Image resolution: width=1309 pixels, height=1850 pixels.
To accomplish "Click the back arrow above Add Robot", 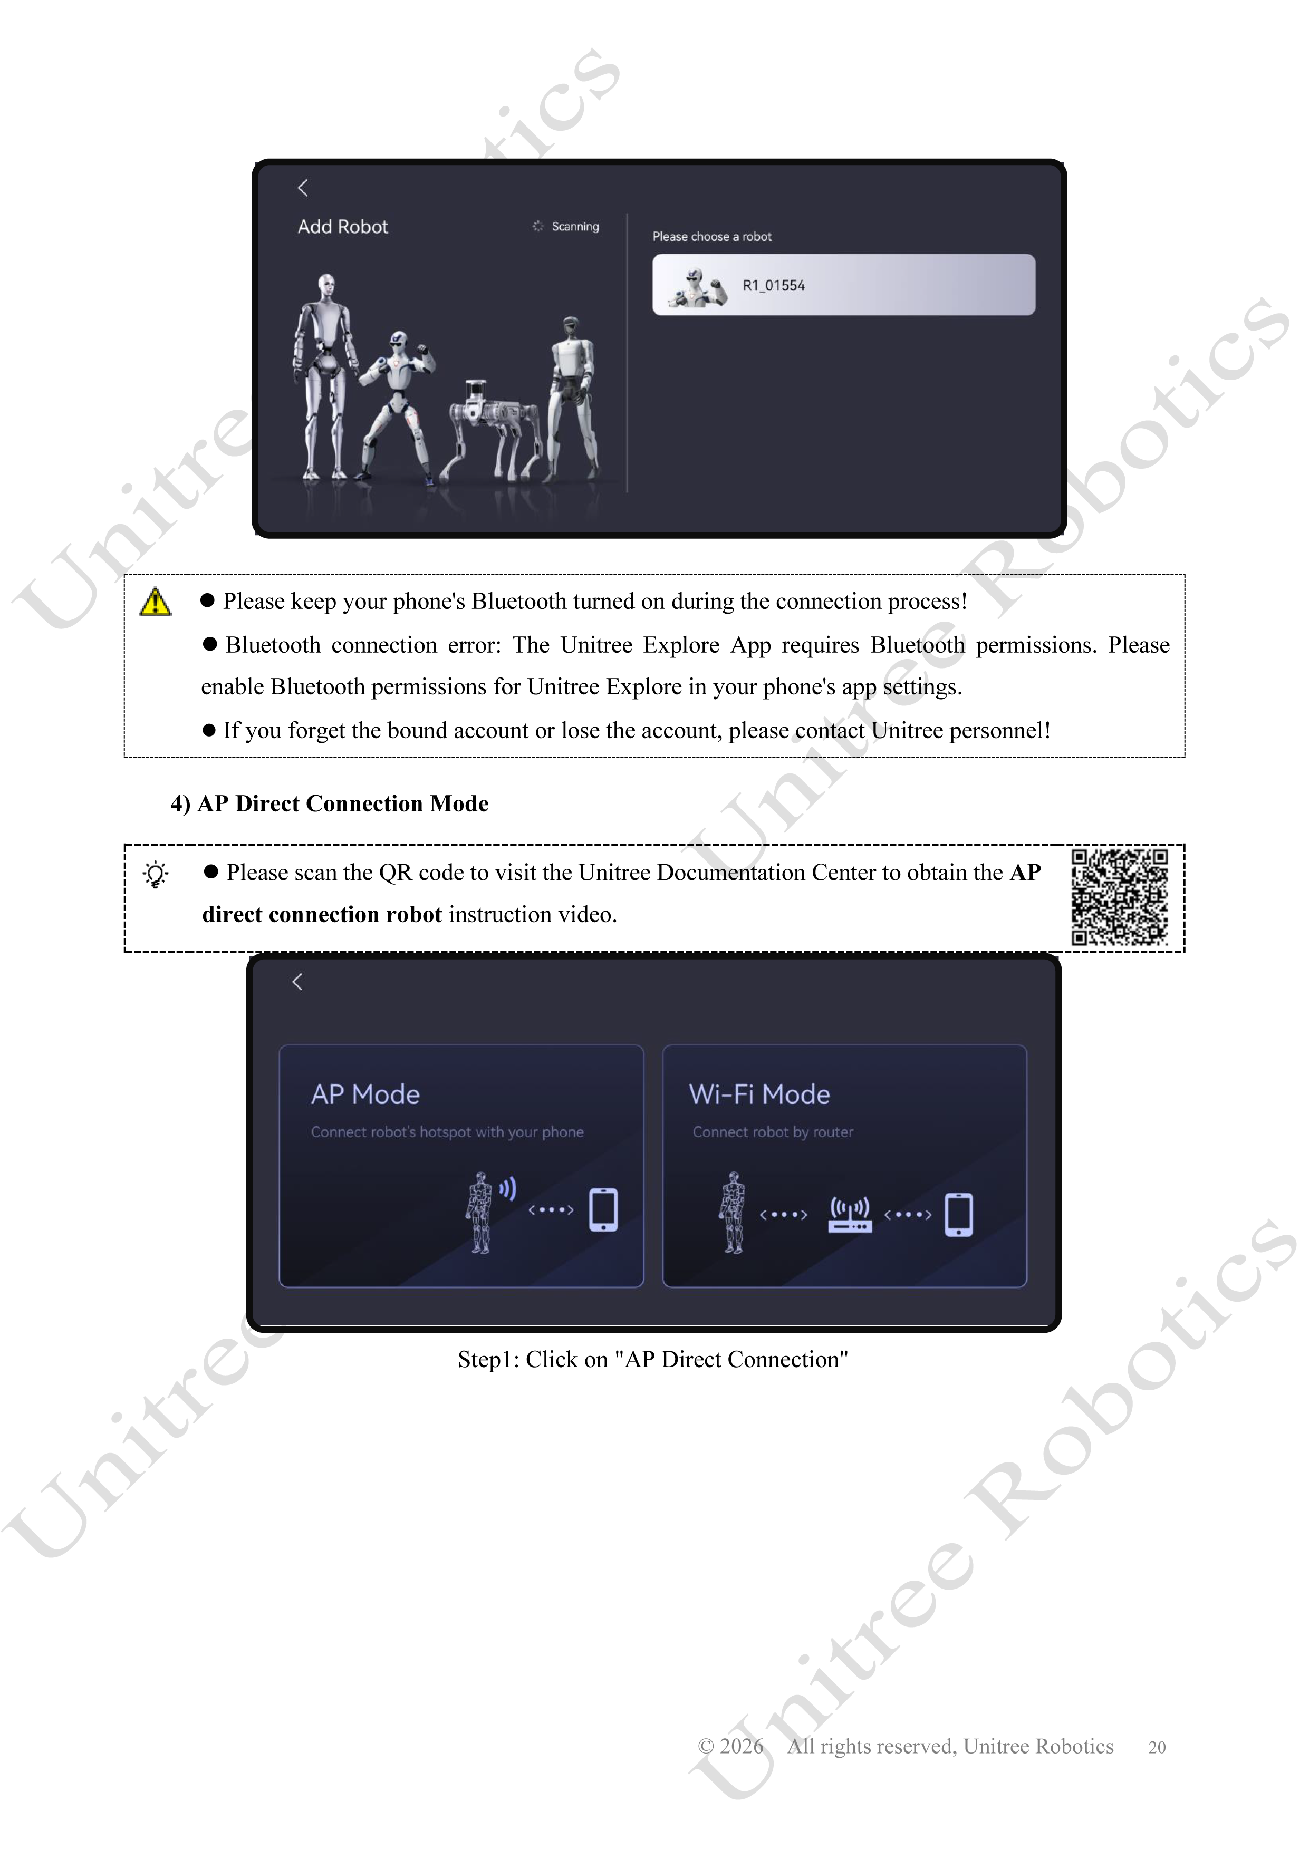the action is (x=303, y=188).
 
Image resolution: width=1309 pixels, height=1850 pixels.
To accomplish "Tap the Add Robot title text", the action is (x=343, y=227).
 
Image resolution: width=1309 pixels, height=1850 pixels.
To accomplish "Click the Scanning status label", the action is (x=575, y=226).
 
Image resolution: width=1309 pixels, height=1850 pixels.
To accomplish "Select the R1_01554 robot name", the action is (x=774, y=285).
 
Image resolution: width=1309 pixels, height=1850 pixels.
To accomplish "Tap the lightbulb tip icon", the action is (x=156, y=874).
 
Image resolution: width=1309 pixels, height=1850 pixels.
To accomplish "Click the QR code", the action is (x=1120, y=897).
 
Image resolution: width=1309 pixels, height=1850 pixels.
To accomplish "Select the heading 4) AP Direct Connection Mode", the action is (x=330, y=803).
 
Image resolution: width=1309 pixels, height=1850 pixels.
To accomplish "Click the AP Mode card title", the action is (x=365, y=1094).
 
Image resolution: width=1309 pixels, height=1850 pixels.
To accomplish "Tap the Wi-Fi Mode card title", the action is (x=759, y=1094).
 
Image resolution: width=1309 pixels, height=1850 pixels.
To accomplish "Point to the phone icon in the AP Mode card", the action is (x=604, y=1209).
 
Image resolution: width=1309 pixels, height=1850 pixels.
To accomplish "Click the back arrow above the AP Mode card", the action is (x=297, y=981).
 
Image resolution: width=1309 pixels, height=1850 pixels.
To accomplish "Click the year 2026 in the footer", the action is (x=742, y=1746).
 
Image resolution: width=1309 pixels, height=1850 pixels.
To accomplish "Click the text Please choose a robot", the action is (x=712, y=236).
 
